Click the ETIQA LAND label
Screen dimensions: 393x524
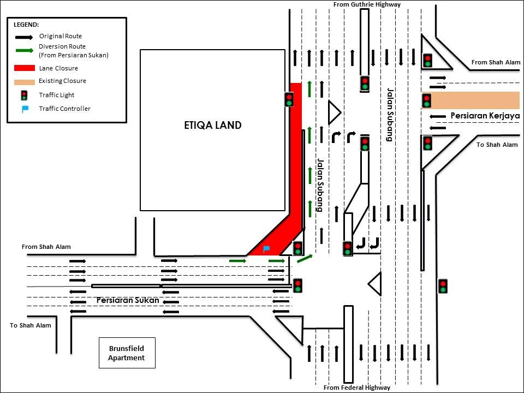212,125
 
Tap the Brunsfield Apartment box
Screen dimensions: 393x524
127,353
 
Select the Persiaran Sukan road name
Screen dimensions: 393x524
128,300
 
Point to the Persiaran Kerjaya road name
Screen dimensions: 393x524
484,116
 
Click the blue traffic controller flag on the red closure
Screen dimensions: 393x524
266,249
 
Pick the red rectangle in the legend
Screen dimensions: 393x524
24,68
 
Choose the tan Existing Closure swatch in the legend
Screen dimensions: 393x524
24,81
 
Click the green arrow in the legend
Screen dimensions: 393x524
24,51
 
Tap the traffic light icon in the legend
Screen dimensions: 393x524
24,95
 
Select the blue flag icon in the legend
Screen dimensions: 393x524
25,109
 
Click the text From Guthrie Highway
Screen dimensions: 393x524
367,4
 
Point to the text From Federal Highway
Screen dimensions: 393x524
357,388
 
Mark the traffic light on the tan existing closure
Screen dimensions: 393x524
427,100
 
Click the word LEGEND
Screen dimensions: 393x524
26,25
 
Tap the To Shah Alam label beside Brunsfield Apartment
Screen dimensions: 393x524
31,326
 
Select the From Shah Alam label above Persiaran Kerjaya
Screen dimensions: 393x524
496,62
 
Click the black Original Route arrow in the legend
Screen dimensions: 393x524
24,37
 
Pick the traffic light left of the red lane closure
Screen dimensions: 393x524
289,99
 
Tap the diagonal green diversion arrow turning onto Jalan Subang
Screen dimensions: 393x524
305,258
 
